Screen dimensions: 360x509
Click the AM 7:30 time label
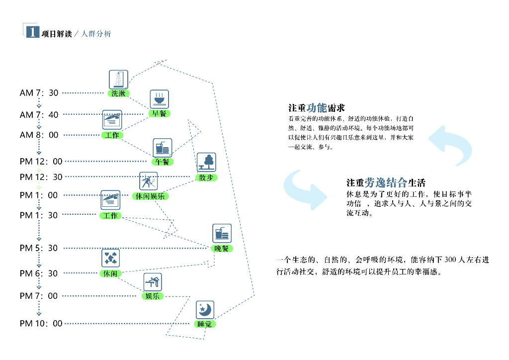[39, 93]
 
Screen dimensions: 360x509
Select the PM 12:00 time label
[41, 161]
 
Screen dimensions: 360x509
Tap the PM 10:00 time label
[41, 324]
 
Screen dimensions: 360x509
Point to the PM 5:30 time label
[39, 248]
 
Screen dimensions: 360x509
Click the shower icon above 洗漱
[118, 80]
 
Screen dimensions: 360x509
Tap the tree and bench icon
[206, 162]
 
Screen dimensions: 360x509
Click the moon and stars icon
[205, 310]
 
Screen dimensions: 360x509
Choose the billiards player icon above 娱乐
[153, 282]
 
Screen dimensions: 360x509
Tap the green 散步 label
[206, 177]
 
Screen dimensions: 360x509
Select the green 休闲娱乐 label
[151, 196]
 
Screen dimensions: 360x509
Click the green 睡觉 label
[204, 324]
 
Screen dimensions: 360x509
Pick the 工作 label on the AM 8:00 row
[112, 135]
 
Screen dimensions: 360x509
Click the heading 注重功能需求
[316, 108]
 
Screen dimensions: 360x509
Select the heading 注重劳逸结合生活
[386, 182]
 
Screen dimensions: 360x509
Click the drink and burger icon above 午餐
[162, 148]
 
